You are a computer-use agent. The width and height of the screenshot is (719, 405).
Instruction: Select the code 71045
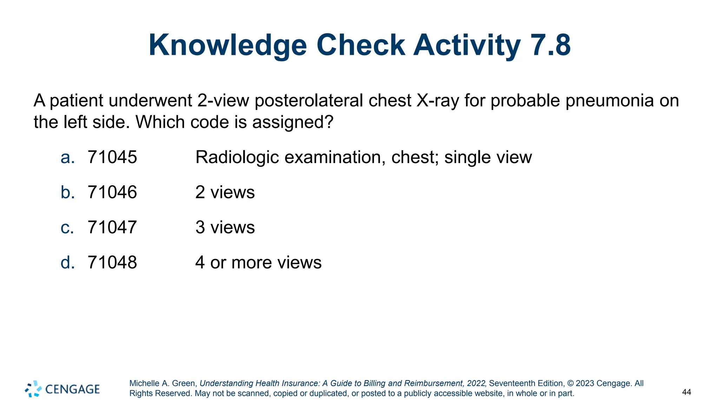tap(112, 157)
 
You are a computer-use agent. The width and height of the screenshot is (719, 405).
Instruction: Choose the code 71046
tap(112, 192)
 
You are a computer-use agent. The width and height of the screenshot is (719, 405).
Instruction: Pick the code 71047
tap(112, 227)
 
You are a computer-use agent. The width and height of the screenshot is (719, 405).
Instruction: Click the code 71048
tap(112, 262)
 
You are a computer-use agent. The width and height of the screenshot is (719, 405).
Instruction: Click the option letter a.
tap(67, 157)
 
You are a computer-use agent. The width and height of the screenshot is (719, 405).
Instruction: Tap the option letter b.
tap(67, 192)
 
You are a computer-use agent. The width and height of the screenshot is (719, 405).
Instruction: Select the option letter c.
tap(67, 228)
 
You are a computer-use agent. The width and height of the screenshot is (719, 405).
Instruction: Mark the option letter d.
tap(67, 262)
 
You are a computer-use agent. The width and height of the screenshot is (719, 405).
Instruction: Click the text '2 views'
tap(225, 192)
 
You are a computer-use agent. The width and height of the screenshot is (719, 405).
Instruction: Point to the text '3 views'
tap(225, 227)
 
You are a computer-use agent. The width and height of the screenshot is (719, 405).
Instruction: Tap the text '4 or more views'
tap(258, 262)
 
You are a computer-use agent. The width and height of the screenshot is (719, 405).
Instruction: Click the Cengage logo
tap(62, 389)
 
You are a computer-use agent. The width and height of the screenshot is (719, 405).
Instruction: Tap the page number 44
tap(686, 392)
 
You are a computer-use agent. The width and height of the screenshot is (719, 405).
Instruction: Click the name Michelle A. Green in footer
tap(163, 383)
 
